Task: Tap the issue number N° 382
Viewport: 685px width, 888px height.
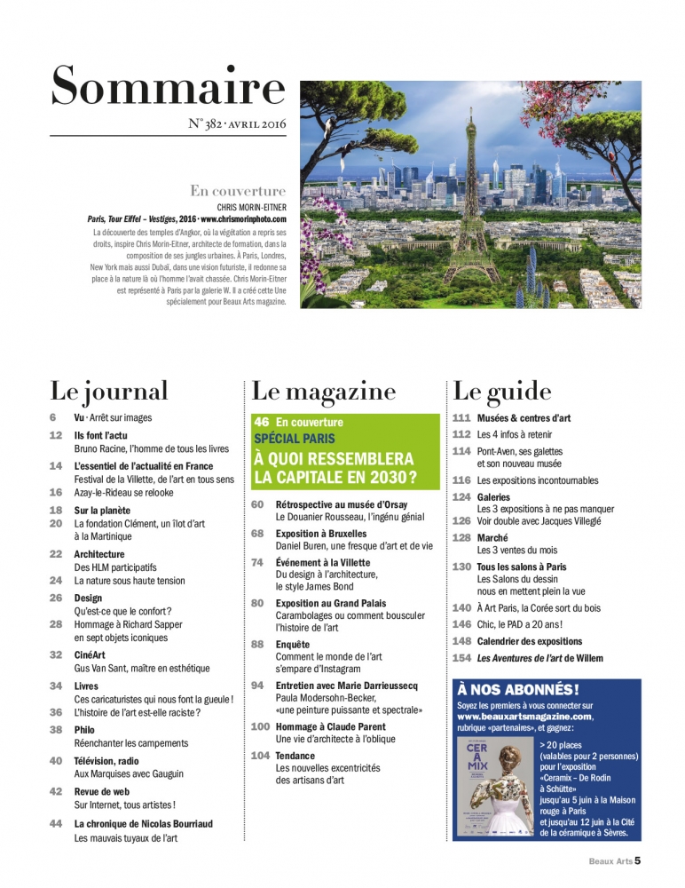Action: click(209, 124)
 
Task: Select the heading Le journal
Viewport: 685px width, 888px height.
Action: click(109, 392)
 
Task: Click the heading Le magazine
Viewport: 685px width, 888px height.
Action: click(324, 392)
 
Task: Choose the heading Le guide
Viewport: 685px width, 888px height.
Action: click(502, 392)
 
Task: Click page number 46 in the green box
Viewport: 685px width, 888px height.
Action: click(262, 422)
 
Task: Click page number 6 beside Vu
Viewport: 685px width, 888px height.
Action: click(53, 417)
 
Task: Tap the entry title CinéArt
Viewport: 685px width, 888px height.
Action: click(93, 654)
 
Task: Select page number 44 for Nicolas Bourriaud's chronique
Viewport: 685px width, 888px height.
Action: click(56, 823)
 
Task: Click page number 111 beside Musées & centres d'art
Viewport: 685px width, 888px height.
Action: click(461, 417)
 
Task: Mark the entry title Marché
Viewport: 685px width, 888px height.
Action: click(494, 537)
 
